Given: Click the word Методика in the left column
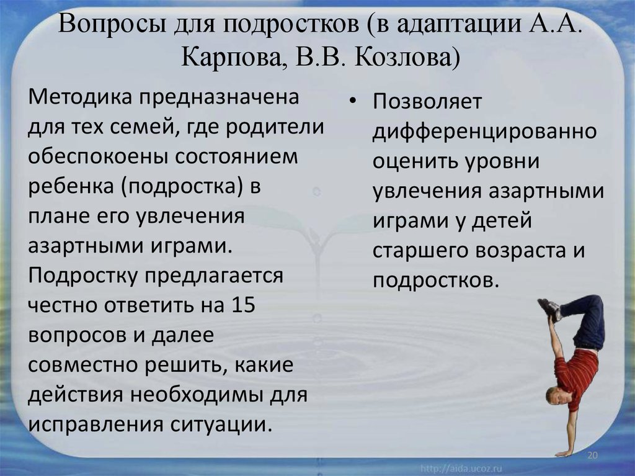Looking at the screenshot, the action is [78, 97].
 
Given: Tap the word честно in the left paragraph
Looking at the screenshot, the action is [62, 305].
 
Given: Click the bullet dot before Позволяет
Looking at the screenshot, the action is [353, 101].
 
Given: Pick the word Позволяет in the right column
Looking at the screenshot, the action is [427, 101].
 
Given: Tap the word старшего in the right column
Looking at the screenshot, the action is [420, 251].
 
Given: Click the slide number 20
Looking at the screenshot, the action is [592, 456].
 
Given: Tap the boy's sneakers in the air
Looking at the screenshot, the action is [551, 309].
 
